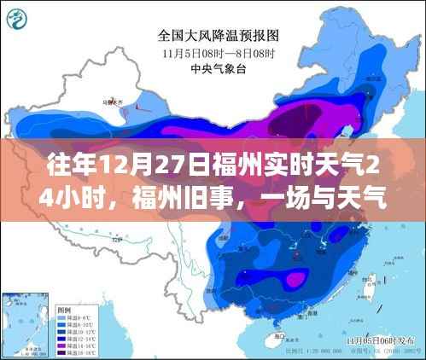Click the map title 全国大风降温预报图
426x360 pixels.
[213, 37]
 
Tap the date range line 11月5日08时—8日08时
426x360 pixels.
[213, 53]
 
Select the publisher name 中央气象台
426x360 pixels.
[213, 68]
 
